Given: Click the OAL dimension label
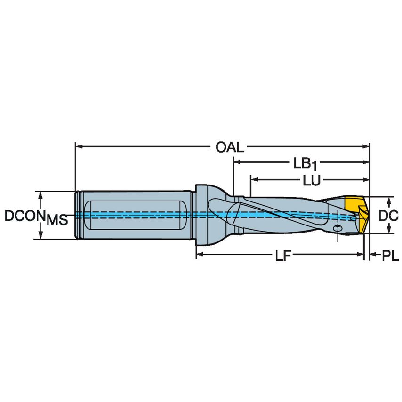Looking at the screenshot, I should pyautogui.click(x=230, y=147).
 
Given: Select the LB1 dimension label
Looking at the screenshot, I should pyautogui.click(x=305, y=163).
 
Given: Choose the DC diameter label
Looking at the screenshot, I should pyautogui.click(x=389, y=215).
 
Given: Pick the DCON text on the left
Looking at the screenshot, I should pyautogui.click(x=24, y=216).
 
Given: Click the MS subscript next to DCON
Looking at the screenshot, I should pyautogui.click(x=57, y=219).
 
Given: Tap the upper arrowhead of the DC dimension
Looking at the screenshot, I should pyautogui.click(x=389, y=201).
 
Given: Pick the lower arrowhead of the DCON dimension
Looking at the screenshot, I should pyautogui.click(x=41, y=235).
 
